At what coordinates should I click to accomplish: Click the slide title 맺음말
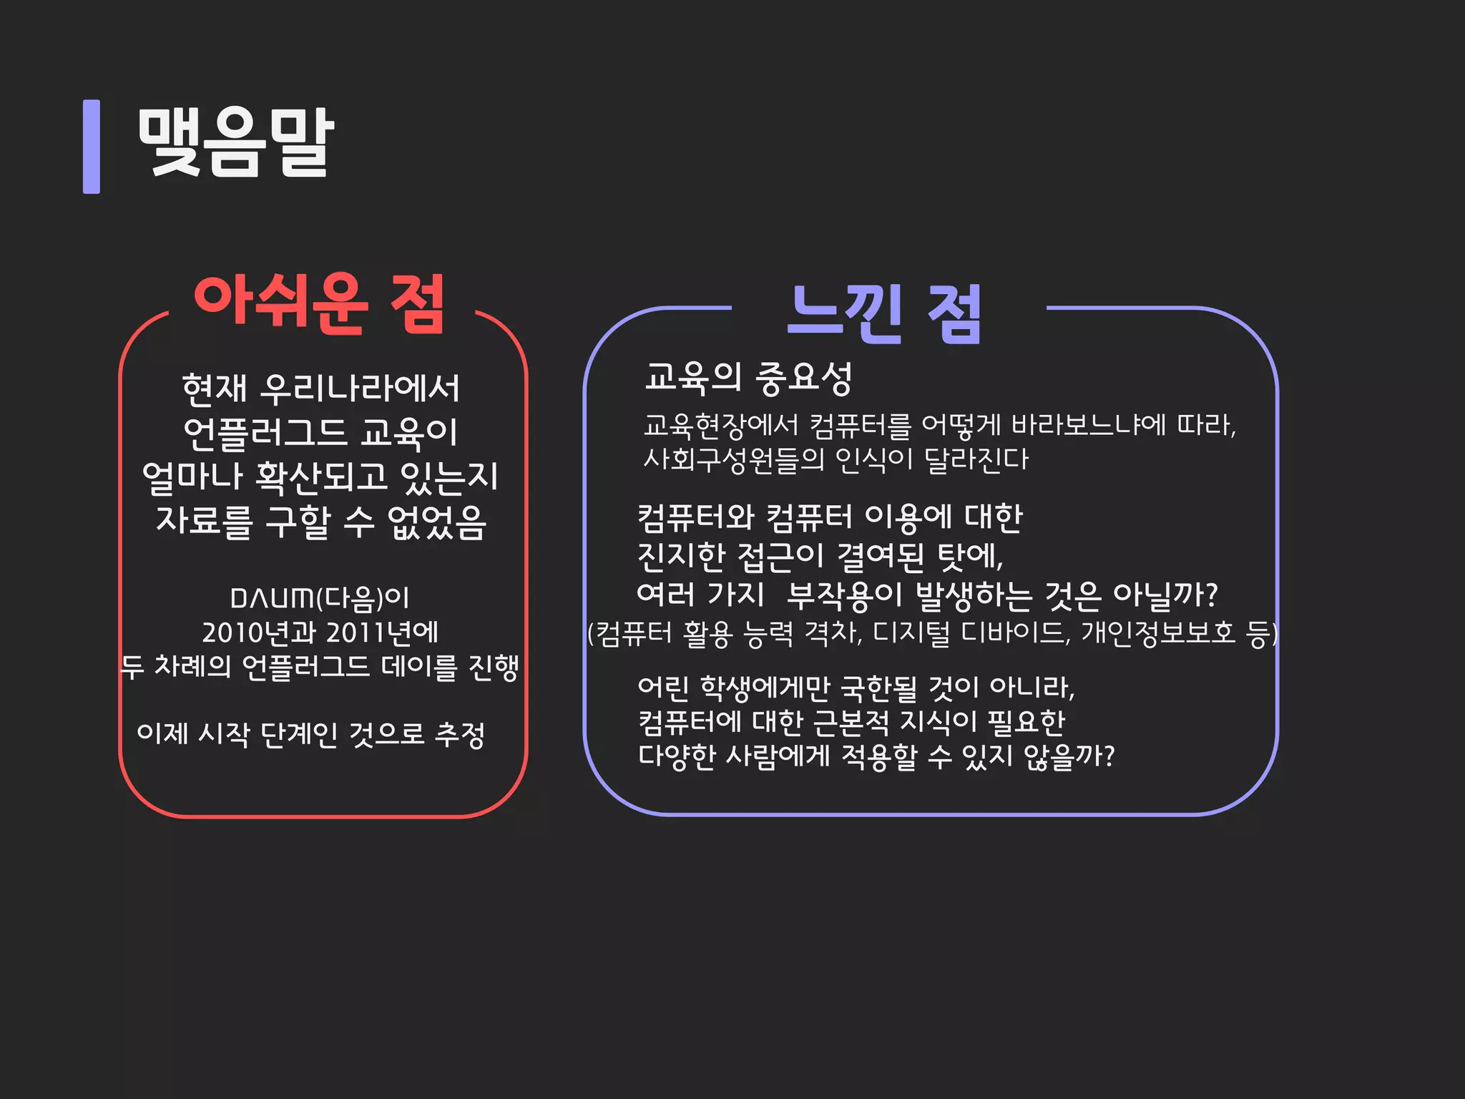[x=235, y=143]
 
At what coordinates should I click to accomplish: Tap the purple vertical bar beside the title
[x=92, y=147]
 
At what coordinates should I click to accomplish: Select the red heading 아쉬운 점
[x=320, y=303]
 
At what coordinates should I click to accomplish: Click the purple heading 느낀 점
[x=885, y=313]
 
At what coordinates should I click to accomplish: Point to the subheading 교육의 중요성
[x=748, y=378]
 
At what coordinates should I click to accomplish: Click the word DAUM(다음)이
[x=320, y=598]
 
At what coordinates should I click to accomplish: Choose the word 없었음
[x=436, y=522]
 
